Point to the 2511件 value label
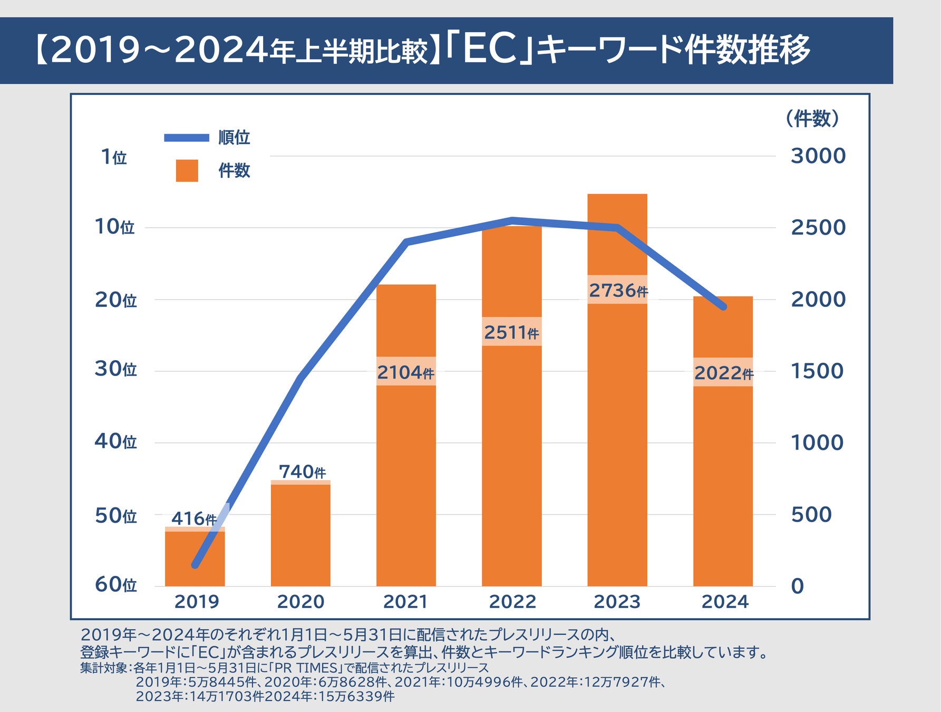(x=511, y=332)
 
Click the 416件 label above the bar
(x=194, y=518)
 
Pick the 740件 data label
(x=302, y=472)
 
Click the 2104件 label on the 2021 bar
(x=405, y=372)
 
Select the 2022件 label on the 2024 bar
(x=723, y=373)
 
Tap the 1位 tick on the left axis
(x=113, y=157)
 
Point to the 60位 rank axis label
(x=115, y=584)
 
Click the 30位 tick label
(x=115, y=369)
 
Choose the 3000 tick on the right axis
(x=818, y=156)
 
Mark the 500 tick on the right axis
(x=811, y=514)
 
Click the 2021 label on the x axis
(x=405, y=601)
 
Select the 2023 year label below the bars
(x=617, y=601)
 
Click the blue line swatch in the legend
(x=187, y=138)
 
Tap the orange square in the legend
(x=187, y=171)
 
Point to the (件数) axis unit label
(x=812, y=118)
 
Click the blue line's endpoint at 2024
(x=723, y=306)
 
